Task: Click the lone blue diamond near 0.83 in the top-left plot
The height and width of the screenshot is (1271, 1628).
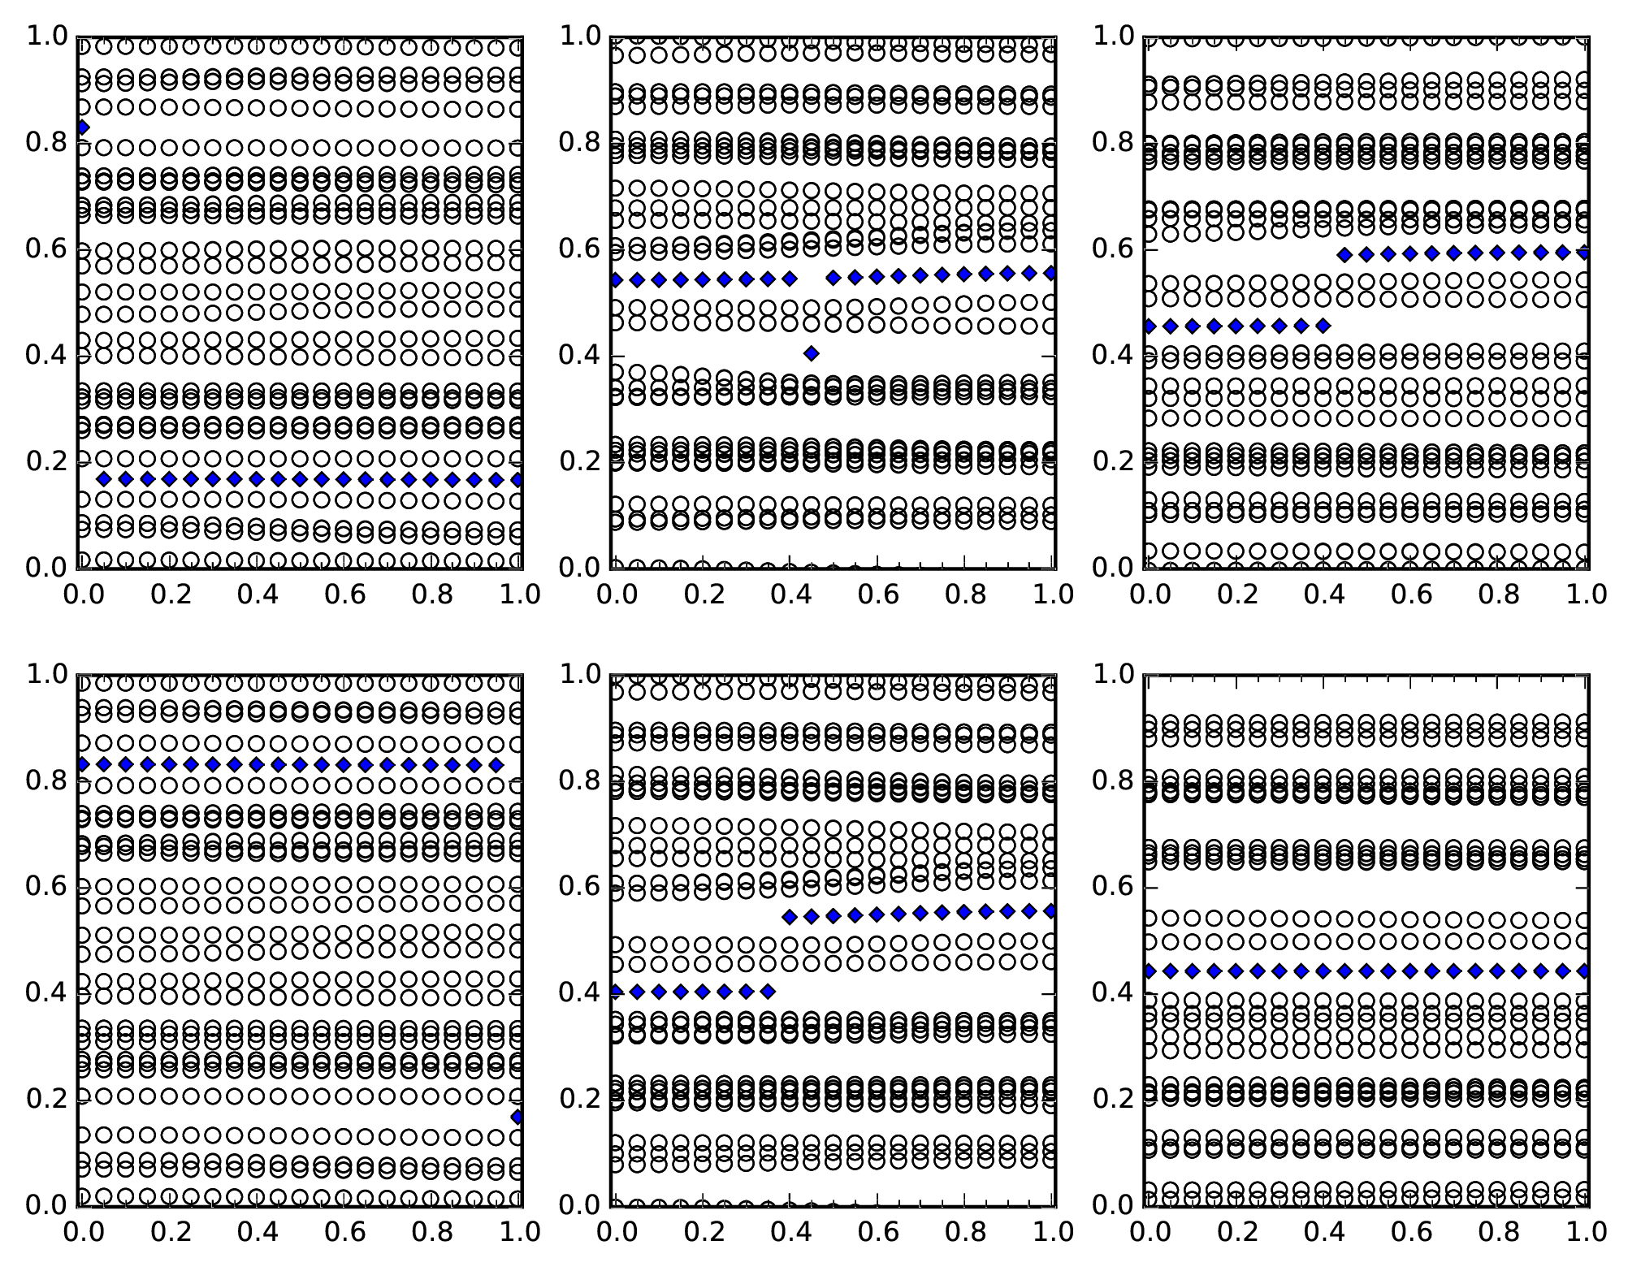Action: (82, 128)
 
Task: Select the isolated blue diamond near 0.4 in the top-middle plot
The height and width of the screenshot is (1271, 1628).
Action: (811, 353)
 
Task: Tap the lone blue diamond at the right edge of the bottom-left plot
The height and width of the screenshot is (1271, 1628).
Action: (517, 1118)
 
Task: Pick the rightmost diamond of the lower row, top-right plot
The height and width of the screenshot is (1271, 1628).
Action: (1323, 326)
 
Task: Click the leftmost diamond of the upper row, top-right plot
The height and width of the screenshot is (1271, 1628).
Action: (1345, 255)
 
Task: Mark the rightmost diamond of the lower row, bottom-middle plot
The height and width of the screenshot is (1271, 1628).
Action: (768, 991)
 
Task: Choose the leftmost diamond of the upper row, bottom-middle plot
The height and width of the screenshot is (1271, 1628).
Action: (789, 918)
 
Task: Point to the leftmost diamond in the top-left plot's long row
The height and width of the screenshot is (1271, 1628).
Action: (103, 479)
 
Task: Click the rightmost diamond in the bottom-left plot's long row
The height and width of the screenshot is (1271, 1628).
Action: (496, 765)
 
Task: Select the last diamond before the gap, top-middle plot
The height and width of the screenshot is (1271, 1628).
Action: (790, 279)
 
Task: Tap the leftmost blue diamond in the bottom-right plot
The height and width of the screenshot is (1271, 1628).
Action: (1149, 971)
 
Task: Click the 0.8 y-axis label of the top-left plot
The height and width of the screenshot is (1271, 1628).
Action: (45, 143)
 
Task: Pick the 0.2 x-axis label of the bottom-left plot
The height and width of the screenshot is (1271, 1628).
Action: (170, 1232)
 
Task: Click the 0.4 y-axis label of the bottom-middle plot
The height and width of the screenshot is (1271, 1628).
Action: (578, 993)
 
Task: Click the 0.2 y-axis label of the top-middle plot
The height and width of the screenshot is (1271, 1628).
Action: (578, 461)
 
